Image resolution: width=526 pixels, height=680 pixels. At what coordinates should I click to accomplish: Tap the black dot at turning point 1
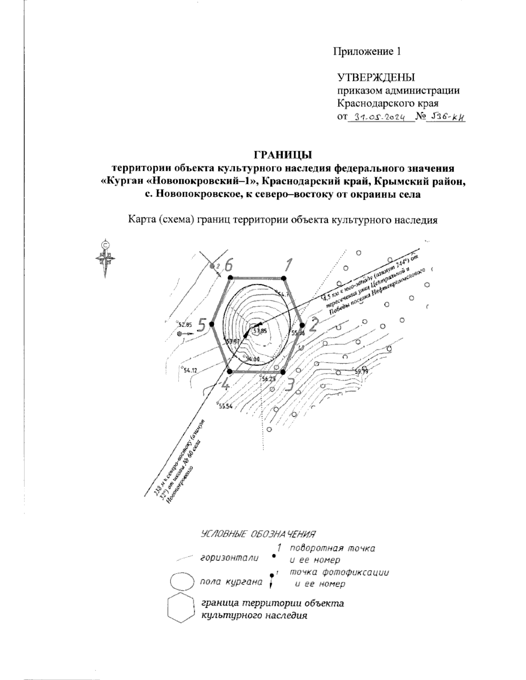pos(284,278)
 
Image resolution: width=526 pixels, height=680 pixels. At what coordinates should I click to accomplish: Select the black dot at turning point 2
pos(302,325)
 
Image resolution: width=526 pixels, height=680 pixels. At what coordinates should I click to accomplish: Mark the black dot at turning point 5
pos(212,324)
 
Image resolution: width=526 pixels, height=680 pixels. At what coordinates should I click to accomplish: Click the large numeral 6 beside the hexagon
pos(228,264)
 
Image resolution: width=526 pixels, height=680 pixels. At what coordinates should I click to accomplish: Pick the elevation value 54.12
pos(190,370)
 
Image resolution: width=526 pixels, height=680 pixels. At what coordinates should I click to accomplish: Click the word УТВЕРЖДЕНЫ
pos(376,78)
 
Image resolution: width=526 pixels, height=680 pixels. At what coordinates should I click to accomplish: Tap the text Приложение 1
pos(367,52)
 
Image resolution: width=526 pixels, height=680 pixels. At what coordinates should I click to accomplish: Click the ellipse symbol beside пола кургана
pos(181,582)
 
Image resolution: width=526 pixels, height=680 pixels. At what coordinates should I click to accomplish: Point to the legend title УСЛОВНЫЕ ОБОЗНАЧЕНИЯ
pos(258,534)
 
